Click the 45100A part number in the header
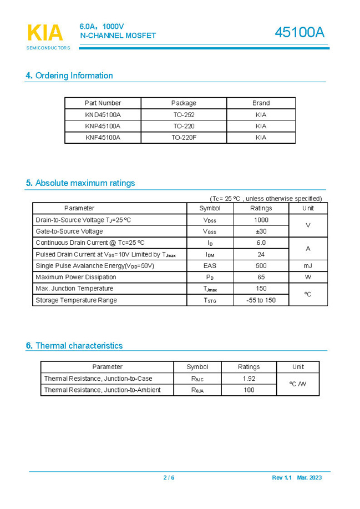pos(300,33)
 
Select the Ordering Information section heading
pos(69,75)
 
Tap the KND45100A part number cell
pos(103,114)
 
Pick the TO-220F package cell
pos(184,137)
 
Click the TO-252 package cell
pos(184,114)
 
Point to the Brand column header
pos(261,103)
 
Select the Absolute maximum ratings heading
pos(80,183)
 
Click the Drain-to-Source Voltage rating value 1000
pos(261,220)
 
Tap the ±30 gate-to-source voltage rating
pos(261,231)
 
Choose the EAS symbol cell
pos(210,266)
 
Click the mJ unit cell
pos(308,266)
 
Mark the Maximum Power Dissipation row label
pos(76,277)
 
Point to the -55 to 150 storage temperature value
pos(261,300)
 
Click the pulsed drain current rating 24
pos(261,254)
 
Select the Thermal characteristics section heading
pos(74,345)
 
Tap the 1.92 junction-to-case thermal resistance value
pos(249,379)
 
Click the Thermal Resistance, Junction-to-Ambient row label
pos(102,390)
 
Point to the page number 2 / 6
pos(169,477)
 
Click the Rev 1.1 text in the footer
pos(282,477)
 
